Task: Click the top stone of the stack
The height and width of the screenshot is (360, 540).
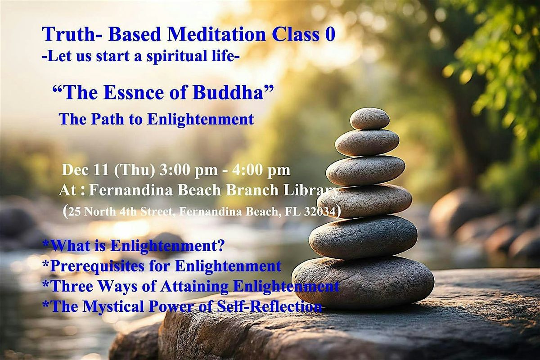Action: click(x=369, y=118)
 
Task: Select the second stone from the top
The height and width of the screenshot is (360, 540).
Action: click(x=367, y=143)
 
